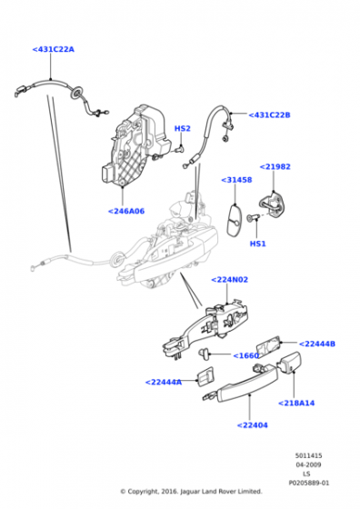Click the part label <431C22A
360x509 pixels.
[54, 49]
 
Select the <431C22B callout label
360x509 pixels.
[269, 115]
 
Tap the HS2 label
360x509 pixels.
[183, 128]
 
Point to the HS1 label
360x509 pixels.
[258, 244]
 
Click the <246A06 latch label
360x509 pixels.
[126, 211]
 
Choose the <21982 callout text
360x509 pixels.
[275, 167]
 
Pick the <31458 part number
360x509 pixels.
[236, 180]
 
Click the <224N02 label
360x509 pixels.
[229, 280]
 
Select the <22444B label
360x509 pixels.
[317, 344]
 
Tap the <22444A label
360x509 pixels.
[164, 382]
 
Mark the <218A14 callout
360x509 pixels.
[296, 403]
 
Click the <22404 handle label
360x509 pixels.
[252, 425]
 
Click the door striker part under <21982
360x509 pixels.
[274, 204]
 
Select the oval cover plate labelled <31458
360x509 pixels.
[234, 220]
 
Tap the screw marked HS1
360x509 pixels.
[253, 217]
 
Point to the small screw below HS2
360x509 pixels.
[178, 150]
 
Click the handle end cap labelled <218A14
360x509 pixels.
[288, 363]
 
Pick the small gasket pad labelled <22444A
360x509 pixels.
[205, 376]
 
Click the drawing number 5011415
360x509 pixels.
[308, 455]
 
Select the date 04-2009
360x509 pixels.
[308, 464]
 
